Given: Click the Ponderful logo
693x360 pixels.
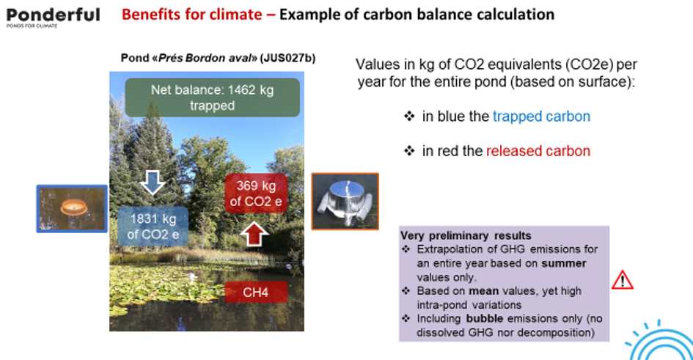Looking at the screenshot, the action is (x=53, y=17).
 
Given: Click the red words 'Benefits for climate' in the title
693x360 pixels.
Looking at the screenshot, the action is (x=192, y=15).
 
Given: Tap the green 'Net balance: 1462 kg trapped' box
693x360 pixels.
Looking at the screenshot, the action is (x=212, y=98).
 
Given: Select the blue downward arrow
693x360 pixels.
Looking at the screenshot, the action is (x=153, y=183).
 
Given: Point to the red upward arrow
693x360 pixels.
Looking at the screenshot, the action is (x=254, y=234).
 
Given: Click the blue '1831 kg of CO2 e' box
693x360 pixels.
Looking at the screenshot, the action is (x=153, y=226).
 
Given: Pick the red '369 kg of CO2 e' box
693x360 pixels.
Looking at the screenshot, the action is (x=256, y=194).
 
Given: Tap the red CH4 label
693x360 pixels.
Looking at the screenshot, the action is (x=256, y=292).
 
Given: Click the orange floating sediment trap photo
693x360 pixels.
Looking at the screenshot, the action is (x=72, y=208).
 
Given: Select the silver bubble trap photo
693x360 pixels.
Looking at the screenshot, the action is (x=345, y=202).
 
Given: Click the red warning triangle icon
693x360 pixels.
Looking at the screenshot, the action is (x=623, y=280).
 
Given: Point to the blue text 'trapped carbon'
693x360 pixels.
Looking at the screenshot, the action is (x=541, y=116).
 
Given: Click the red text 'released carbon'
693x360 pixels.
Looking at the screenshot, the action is (x=538, y=151).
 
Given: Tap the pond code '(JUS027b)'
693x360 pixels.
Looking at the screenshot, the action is (x=287, y=59).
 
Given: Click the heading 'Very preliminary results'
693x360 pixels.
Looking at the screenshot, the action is (x=466, y=235).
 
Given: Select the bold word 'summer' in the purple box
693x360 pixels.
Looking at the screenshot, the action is (x=564, y=263).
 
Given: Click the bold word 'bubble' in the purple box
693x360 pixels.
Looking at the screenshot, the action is (x=485, y=318).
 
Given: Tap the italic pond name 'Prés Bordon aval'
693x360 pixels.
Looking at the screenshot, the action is (x=205, y=59).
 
